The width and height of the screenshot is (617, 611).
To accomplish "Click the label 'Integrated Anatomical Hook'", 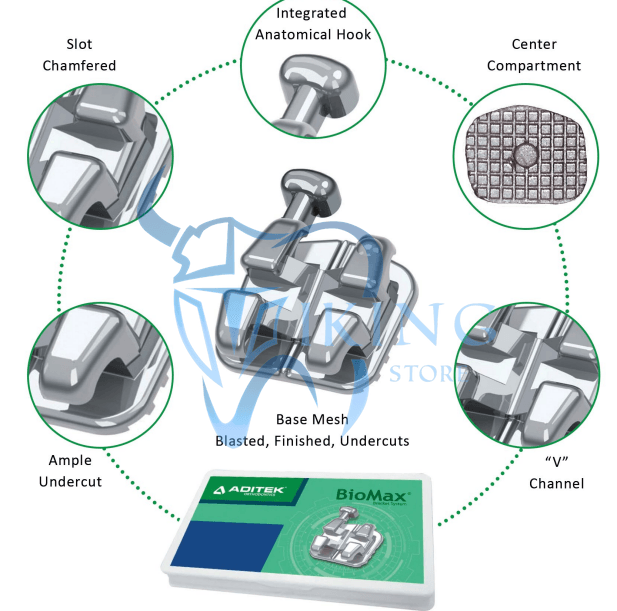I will tap(313, 24).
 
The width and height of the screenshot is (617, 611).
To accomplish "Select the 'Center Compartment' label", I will tap(533, 55).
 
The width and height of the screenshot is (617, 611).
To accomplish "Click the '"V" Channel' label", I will tap(556, 473).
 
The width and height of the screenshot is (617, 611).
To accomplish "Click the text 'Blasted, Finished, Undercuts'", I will tap(312, 440).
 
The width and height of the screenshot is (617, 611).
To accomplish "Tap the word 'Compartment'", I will tap(533, 65).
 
